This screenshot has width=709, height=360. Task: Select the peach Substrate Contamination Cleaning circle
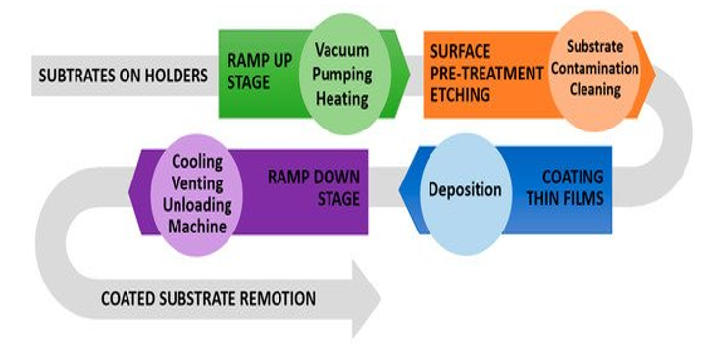coord(597,71)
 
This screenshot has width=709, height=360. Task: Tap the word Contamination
coord(597,71)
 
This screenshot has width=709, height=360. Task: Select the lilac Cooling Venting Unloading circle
coord(197,192)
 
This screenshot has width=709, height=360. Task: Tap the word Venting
coord(198,181)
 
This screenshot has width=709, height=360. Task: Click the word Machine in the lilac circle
coord(198,227)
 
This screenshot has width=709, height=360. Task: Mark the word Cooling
coord(198,160)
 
